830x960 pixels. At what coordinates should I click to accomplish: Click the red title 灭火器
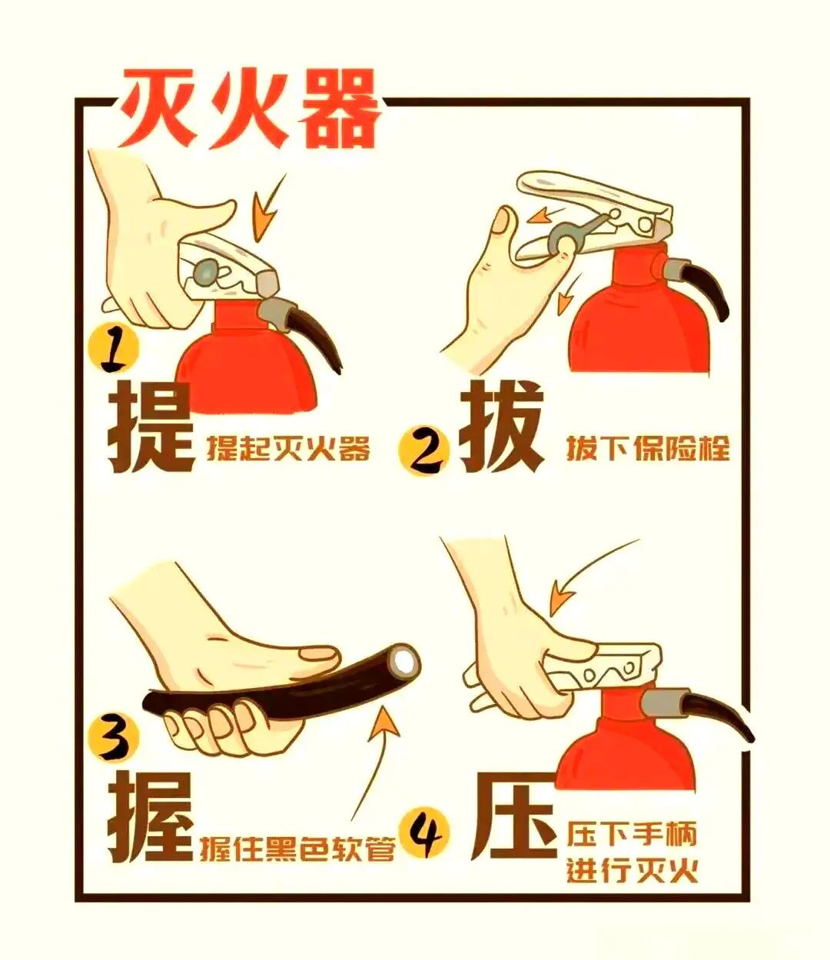click(x=250, y=108)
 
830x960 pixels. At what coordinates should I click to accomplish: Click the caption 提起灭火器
click(x=288, y=448)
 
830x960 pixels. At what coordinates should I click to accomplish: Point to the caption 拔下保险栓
click(x=648, y=448)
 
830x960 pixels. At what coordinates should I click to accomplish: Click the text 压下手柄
click(x=632, y=834)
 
